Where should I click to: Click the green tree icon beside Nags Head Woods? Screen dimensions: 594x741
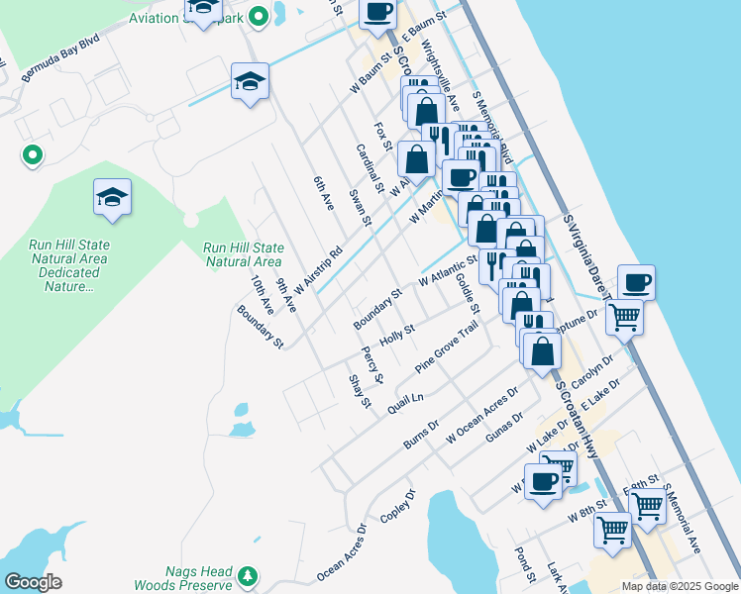[x=247, y=574]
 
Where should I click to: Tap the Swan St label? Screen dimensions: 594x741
[x=360, y=209]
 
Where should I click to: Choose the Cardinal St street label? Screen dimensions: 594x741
[x=370, y=168]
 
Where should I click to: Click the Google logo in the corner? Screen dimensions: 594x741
[x=33, y=582]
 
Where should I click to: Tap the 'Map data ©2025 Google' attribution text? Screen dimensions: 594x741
[x=680, y=586]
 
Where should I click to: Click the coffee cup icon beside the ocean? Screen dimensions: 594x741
[x=635, y=282]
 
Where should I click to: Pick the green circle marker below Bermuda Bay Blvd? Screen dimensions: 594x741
[x=32, y=154]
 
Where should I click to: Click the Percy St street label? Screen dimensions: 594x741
[x=371, y=365]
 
